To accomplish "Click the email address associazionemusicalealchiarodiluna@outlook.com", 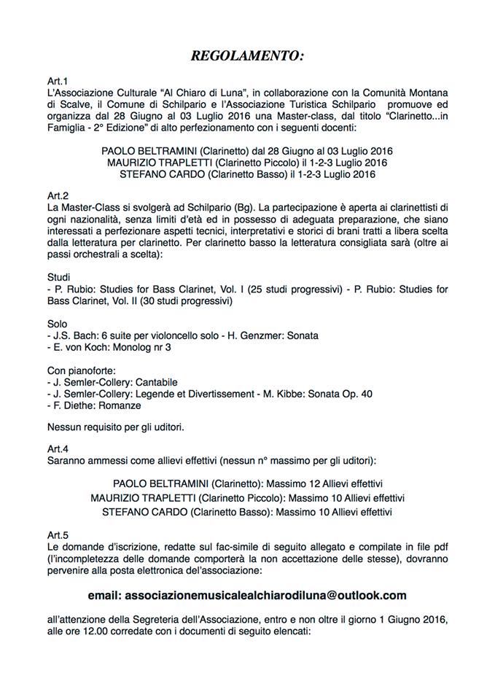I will [x=248, y=595].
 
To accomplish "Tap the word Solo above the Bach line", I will [x=57, y=323].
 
